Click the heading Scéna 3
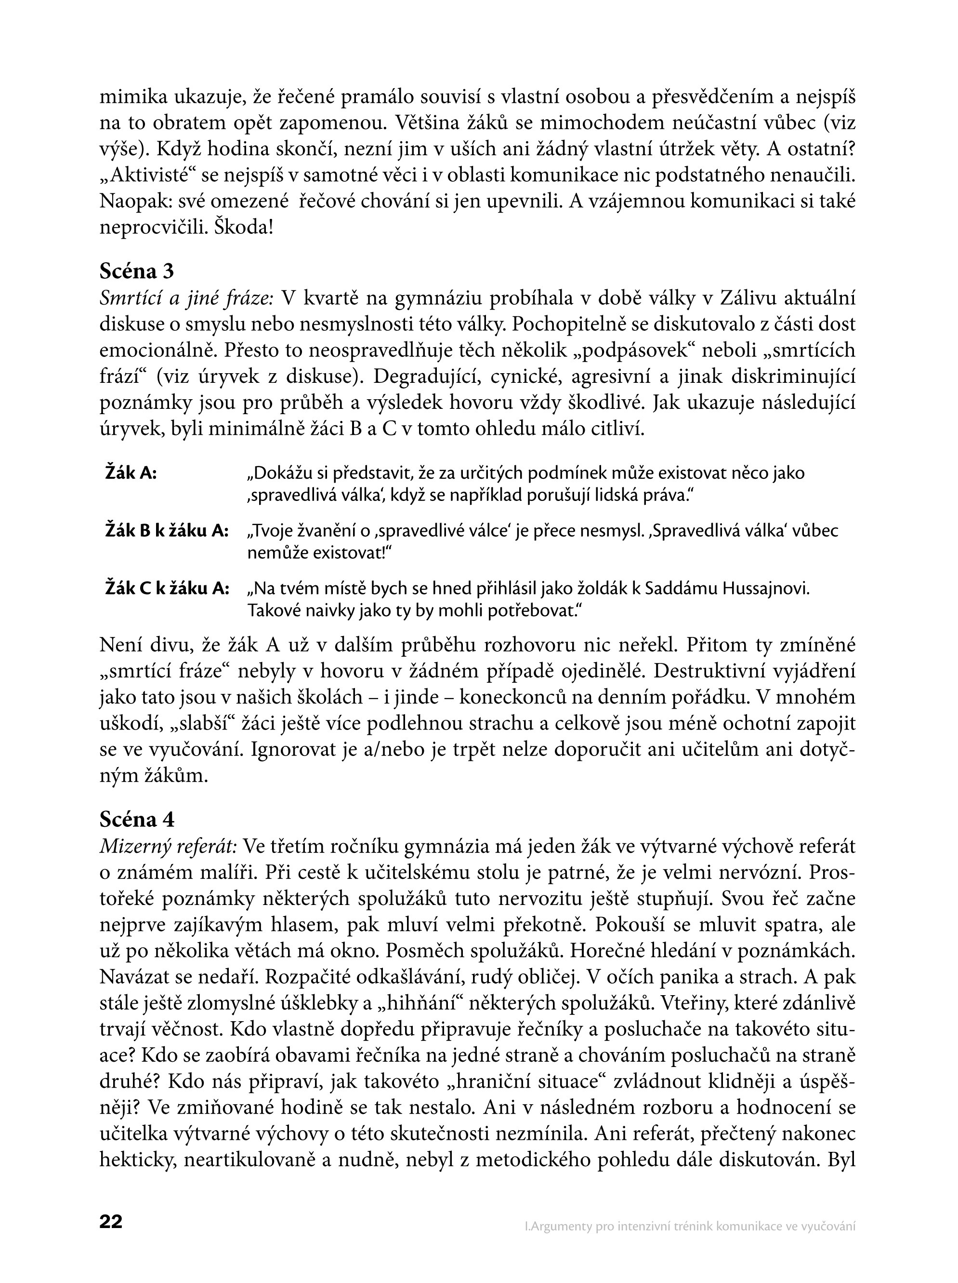point(137,271)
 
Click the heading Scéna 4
point(137,819)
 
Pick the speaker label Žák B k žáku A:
point(166,531)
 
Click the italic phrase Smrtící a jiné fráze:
point(186,298)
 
